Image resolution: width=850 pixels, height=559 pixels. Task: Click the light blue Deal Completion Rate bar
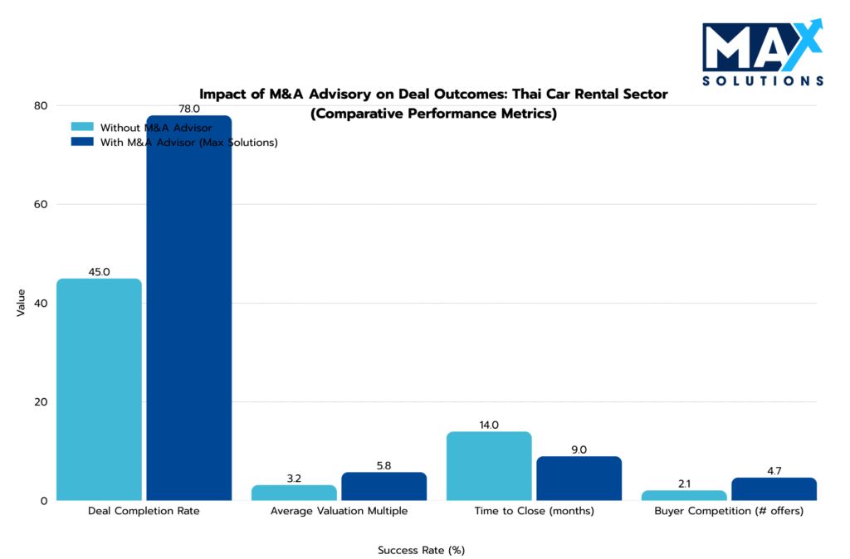click(99, 389)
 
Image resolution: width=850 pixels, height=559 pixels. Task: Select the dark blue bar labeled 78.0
click(188, 308)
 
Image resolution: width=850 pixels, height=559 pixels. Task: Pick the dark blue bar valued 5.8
click(383, 486)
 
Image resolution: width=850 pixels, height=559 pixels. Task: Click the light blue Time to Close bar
click(489, 466)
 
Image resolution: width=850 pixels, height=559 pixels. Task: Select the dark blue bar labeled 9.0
click(579, 479)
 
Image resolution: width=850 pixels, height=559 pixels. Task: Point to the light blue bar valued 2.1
click(685, 495)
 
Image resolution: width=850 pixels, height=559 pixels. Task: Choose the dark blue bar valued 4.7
click(774, 489)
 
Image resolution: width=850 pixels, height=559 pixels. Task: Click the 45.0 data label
click(99, 271)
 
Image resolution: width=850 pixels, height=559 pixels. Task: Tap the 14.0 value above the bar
click(489, 425)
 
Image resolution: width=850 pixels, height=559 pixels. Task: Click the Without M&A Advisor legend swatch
click(83, 128)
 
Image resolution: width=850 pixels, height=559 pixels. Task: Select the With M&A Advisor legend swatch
click(83, 142)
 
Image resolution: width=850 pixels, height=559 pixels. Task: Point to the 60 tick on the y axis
click(41, 204)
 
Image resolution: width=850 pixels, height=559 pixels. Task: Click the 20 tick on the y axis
click(41, 401)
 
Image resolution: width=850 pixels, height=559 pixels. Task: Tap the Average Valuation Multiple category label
click(339, 511)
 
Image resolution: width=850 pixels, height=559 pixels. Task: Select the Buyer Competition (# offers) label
click(729, 511)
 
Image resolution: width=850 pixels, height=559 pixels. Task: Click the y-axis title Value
click(21, 303)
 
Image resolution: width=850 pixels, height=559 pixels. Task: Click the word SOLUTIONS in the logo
click(762, 80)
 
